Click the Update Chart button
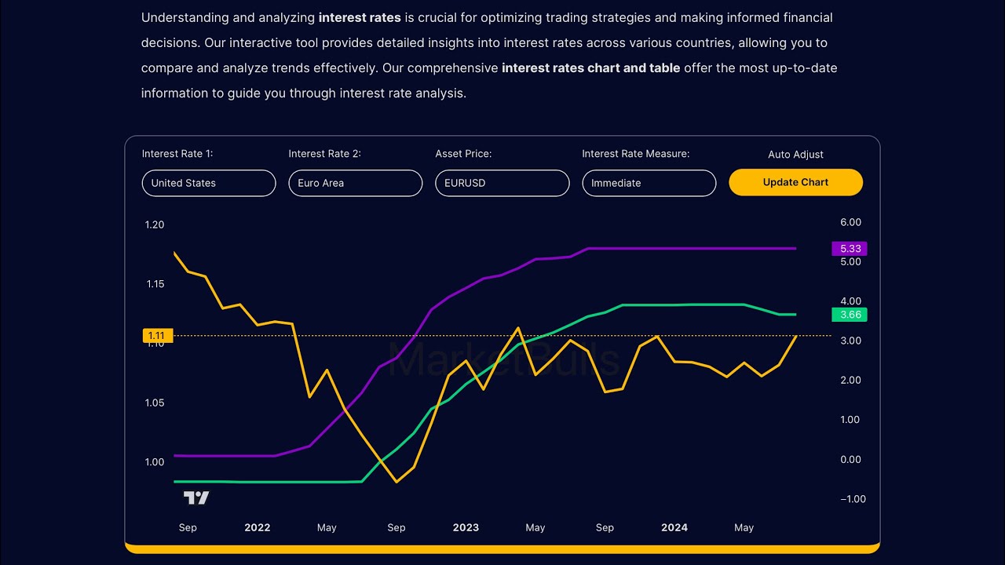pos(795,183)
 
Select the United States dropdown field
pos(209,183)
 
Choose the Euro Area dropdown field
pos(356,183)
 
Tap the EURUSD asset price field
pos(502,183)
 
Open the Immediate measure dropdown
pos(649,183)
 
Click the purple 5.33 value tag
pos(850,249)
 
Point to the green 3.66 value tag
pos(850,315)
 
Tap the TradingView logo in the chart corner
pos(196,498)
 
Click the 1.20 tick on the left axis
pos(155,225)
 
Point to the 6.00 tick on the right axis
pos(850,223)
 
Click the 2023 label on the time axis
pos(466,528)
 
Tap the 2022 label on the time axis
pos(258,528)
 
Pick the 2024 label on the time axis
pos(674,528)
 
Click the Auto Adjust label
pos(795,155)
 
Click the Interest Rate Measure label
pos(635,154)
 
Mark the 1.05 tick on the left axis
pos(155,403)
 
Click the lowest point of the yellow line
pos(397,482)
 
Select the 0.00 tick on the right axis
pos(850,460)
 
